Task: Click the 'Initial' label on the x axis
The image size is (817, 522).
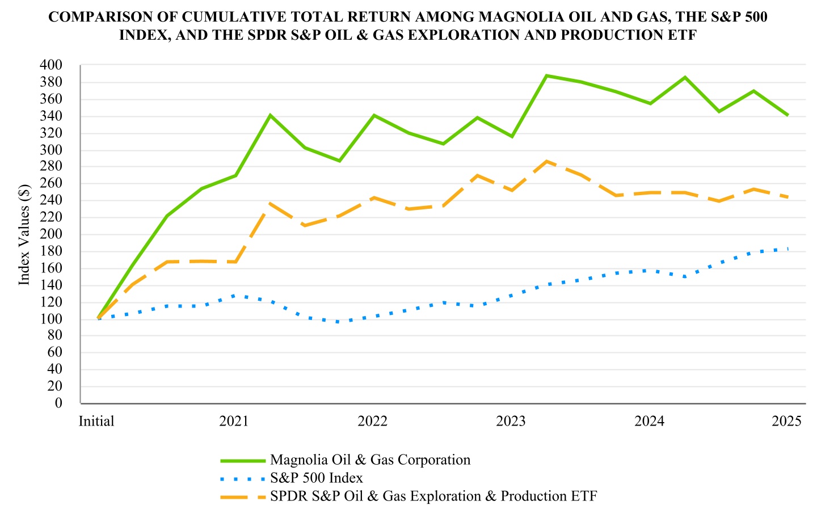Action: (x=96, y=422)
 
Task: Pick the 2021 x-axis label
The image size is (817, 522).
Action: (x=234, y=422)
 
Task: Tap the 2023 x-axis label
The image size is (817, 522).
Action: (x=511, y=422)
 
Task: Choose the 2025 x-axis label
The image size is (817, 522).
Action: (x=787, y=422)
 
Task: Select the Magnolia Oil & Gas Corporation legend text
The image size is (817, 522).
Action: (x=370, y=460)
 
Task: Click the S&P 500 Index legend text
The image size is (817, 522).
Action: (x=317, y=478)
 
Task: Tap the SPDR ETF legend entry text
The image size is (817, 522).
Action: (x=433, y=496)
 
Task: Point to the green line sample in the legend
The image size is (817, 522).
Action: (x=242, y=460)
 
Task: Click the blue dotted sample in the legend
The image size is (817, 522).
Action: (x=242, y=478)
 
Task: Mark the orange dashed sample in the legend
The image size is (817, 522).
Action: (x=242, y=496)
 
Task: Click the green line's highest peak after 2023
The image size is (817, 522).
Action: (x=546, y=75)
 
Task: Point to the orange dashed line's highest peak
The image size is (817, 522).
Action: (x=546, y=161)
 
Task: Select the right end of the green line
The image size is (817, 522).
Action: (x=787, y=115)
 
